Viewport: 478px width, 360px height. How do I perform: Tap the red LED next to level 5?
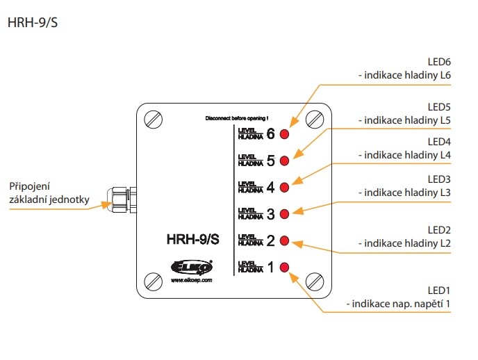(284, 161)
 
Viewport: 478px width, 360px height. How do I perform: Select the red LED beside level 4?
(284, 187)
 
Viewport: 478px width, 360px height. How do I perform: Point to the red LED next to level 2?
(284, 240)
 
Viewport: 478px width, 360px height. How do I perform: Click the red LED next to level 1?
(284, 267)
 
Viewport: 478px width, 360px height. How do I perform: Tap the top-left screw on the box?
(154, 120)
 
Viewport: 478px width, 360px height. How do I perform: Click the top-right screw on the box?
(316, 120)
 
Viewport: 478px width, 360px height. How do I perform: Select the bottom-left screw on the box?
(154, 281)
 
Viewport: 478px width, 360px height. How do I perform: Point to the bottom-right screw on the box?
(316, 281)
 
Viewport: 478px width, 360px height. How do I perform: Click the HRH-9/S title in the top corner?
(32, 22)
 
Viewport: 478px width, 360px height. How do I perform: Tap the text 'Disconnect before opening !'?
(236, 119)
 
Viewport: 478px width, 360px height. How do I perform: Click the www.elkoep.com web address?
(191, 281)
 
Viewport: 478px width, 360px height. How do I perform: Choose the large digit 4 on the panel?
(271, 187)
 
